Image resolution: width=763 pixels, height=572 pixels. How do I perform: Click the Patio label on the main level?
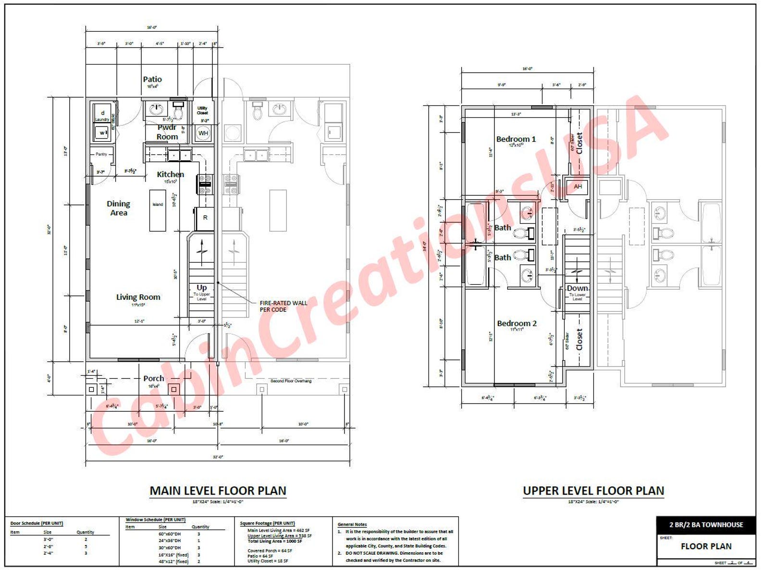click(x=152, y=79)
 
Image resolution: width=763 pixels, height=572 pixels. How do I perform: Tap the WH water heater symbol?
click(x=203, y=133)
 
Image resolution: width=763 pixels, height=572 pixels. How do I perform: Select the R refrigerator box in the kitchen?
click(x=205, y=218)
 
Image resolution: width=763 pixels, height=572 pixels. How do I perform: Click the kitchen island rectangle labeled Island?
click(x=158, y=210)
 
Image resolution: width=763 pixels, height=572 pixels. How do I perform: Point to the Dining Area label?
click(x=118, y=208)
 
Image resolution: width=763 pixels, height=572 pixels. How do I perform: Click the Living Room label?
click(x=138, y=297)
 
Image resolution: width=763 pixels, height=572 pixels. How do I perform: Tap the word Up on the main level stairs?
click(x=201, y=288)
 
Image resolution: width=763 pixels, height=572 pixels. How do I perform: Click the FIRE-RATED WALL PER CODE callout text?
click(x=283, y=306)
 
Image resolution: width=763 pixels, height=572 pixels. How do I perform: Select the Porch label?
click(x=154, y=379)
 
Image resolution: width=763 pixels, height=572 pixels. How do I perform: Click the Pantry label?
click(x=101, y=154)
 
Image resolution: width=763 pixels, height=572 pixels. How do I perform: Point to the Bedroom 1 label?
click(x=516, y=139)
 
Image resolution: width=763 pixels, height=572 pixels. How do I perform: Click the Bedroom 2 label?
click(x=517, y=323)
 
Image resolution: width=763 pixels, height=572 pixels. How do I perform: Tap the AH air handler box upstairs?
click(x=578, y=187)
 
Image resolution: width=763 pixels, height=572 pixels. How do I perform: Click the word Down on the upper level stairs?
click(x=577, y=288)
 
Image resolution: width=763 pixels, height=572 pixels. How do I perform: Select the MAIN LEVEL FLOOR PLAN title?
click(x=218, y=491)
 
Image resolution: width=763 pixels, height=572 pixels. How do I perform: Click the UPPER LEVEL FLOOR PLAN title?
click(x=593, y=491)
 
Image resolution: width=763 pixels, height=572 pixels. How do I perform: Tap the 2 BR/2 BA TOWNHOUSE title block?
click(x=706, y=525)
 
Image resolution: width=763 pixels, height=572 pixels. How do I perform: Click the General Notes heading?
click(x=352, y=524)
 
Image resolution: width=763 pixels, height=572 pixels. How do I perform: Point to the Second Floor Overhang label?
click(x=291, y=381)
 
